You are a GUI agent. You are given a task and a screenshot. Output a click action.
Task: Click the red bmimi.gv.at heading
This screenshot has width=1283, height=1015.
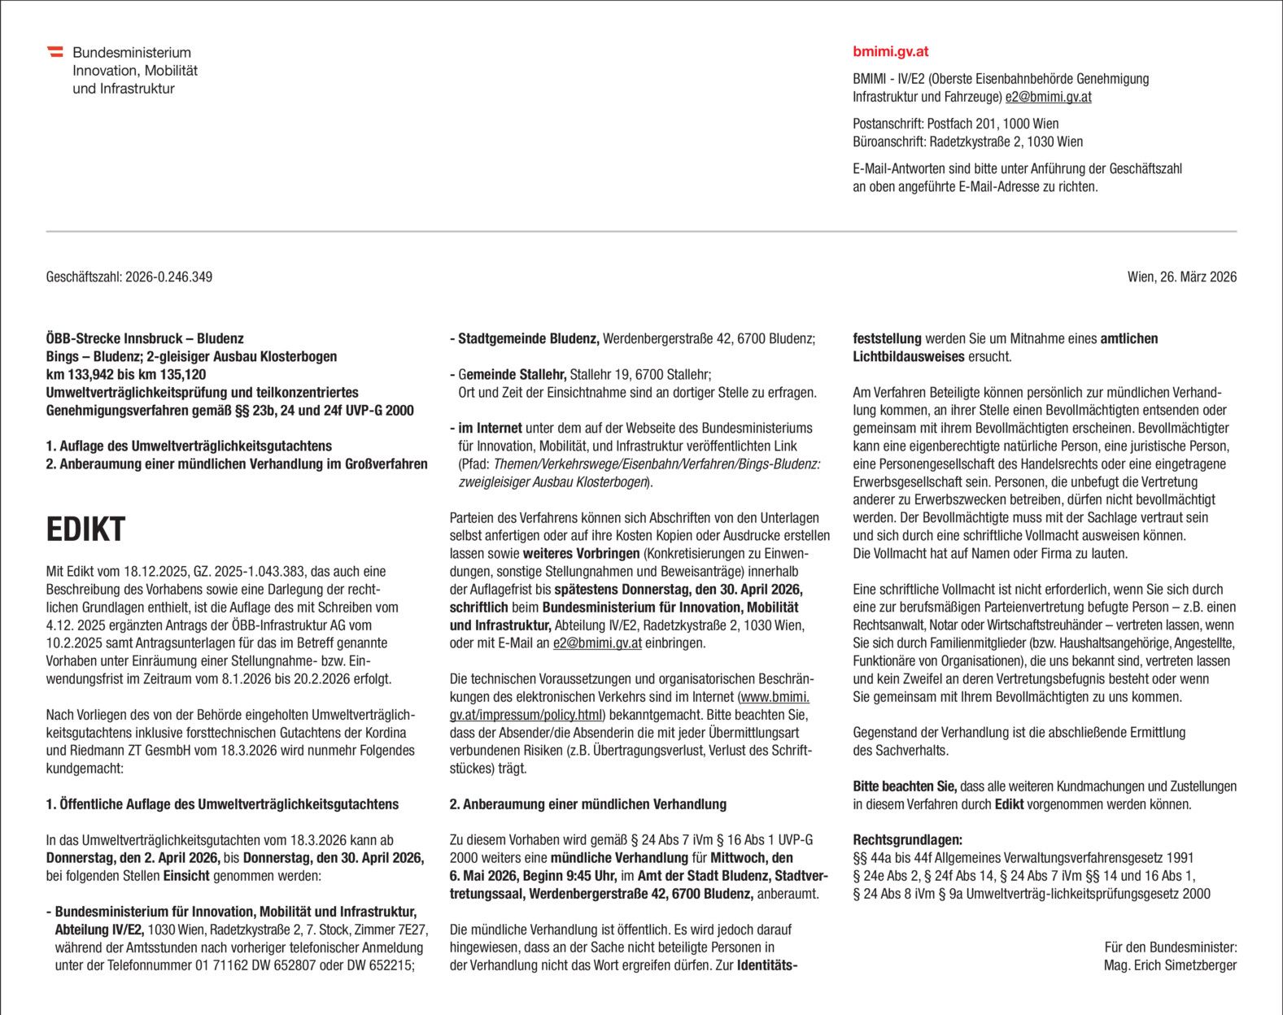pyautogui.click(x=890, y=51)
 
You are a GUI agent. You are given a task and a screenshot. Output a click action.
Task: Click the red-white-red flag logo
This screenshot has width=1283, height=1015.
pyautogui.click(x=55, y=52)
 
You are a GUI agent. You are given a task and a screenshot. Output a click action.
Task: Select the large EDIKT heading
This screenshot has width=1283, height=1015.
pyautogui.click(x=85, y=529)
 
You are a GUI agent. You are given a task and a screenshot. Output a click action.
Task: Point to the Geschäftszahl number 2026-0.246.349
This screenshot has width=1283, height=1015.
pyautogui.click(x=168, y=277)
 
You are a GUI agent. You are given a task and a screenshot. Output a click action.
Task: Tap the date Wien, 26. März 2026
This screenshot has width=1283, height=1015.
pyautogui.click(x=1181, y=277)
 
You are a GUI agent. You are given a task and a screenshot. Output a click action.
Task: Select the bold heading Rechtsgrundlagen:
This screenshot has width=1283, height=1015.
pyautogui.click(x=907, y=839)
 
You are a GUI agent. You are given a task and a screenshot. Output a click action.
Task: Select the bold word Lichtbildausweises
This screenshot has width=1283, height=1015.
pyautogui.click(x=908, y=356)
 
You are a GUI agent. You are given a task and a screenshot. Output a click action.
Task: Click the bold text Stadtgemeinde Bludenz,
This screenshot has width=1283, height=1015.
pyautogui.click(x=528, y=338)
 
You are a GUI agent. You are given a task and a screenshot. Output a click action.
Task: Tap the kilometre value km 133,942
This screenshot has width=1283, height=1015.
pyautogui.click(x=85, y=374)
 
